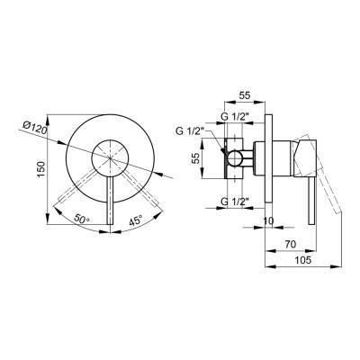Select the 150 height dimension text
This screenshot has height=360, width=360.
pos(41,170)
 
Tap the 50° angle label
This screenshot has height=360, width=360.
pos(82,219)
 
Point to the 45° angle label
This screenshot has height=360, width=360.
pos(135,220)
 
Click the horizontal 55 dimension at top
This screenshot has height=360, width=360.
pos(245,95)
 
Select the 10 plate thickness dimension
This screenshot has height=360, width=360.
pos(268,220)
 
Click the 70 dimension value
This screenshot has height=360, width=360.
pos(290,244)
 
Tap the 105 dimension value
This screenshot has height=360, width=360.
pos(302,260)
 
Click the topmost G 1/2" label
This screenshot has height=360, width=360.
pos(236,117)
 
